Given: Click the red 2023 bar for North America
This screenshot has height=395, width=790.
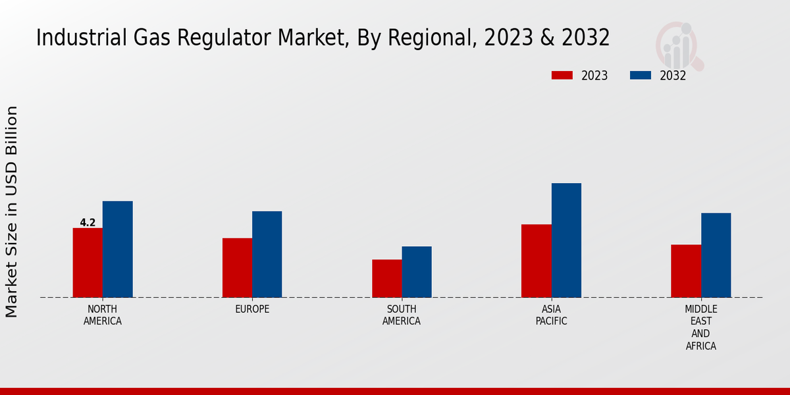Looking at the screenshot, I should click(88, 263).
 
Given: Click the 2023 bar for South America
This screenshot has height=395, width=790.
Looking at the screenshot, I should click(386, 278).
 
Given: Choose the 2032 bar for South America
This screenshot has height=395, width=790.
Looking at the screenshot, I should click(417, 272).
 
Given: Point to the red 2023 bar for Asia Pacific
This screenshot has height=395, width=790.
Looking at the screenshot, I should click(536, 261).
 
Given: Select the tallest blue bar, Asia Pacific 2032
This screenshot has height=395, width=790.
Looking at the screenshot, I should click(566, 240).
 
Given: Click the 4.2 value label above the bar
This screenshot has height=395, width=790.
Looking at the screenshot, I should click(88, 223).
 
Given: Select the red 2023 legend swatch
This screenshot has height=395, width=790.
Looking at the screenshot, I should click(562, 76).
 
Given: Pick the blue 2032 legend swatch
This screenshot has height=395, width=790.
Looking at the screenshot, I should click(640, 76).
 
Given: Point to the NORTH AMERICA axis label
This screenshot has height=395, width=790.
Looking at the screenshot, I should click(103, 315).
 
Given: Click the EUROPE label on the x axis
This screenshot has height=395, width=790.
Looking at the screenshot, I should click(252, 309).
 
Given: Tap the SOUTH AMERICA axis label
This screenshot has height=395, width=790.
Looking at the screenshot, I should click(402, 315).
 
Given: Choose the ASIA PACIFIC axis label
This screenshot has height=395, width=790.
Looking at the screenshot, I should click(551, 315).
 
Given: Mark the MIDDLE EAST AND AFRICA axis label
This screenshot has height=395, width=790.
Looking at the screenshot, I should click(701, 327).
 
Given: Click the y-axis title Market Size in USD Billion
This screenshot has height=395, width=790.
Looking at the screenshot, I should click(12, 211).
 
